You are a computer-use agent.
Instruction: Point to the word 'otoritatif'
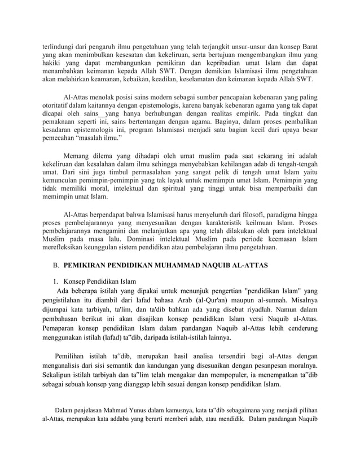coord(59,105)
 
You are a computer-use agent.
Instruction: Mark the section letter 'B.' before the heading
coord(56,265)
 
